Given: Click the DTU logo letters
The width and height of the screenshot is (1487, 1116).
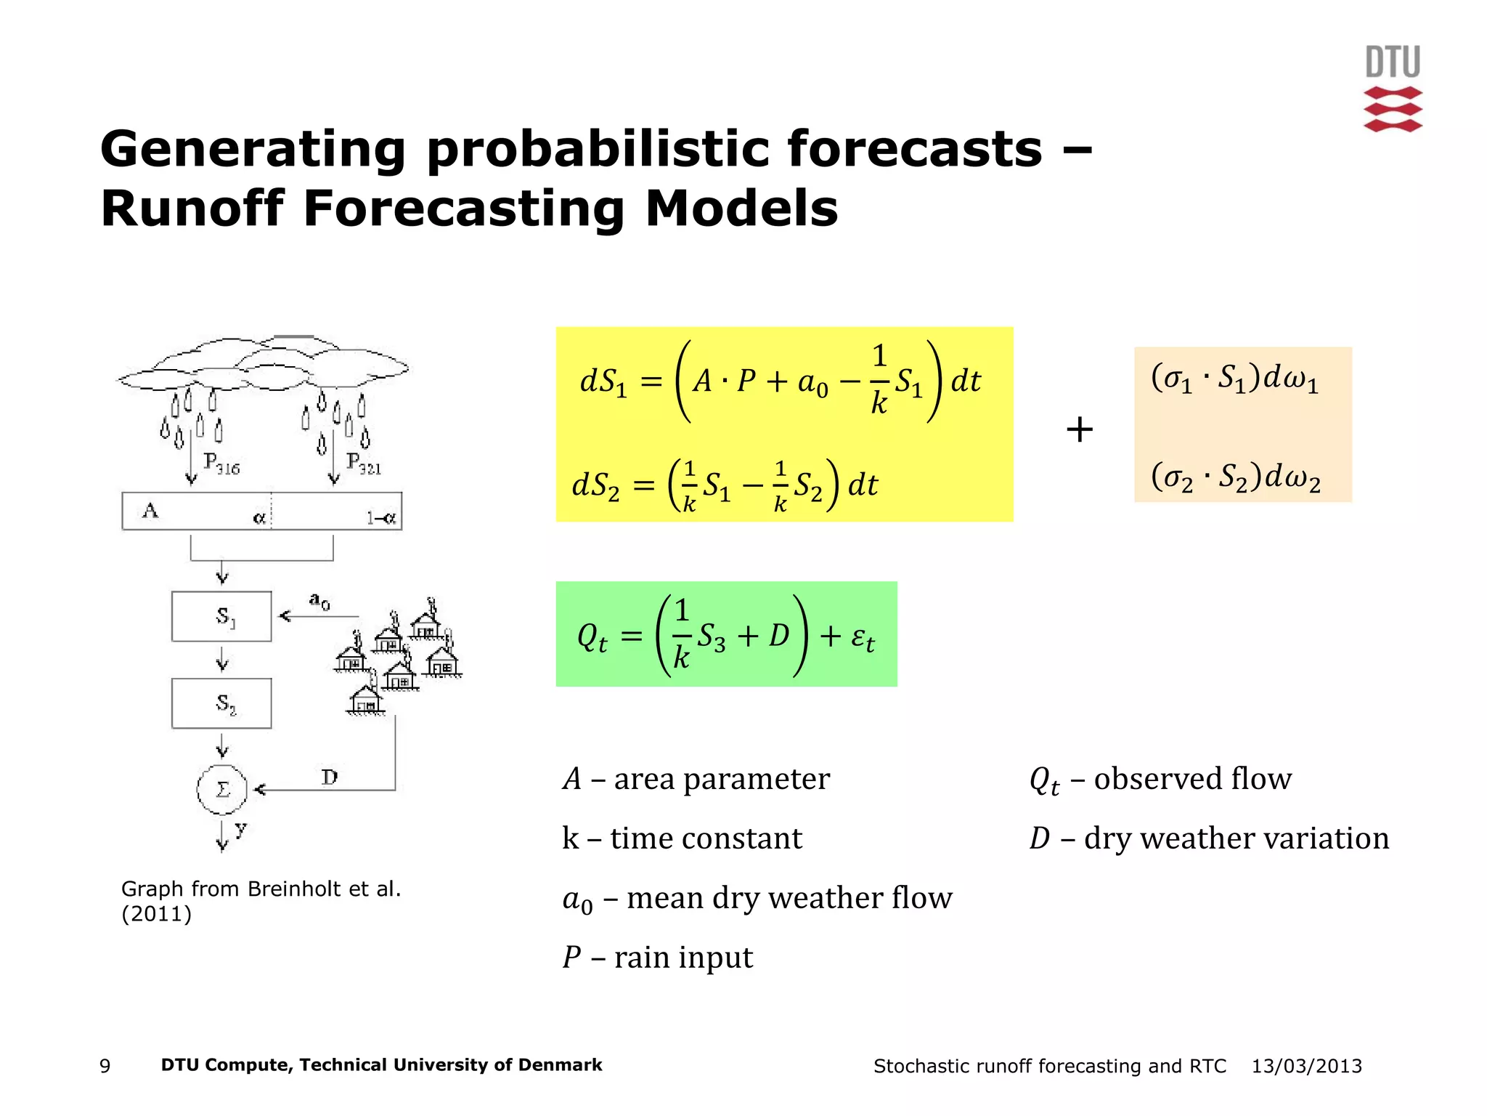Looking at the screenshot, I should (x=1392, y=62).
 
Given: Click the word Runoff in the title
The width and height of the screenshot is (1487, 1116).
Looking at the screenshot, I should (x=191, y=209).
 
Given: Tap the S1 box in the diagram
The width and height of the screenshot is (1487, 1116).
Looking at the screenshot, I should (x=221, y=617).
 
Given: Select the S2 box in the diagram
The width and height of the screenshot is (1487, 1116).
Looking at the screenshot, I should (x=221, y=703).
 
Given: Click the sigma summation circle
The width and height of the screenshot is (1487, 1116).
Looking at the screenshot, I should (x=222, y=790).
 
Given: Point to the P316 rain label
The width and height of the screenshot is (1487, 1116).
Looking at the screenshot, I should (x=221, y=463).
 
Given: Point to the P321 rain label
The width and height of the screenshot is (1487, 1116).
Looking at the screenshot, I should (x=363, y=463).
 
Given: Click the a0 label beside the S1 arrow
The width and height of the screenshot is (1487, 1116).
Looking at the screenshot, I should (x=319, y=601).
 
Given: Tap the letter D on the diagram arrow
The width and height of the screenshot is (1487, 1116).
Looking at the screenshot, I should (x=330, y=777).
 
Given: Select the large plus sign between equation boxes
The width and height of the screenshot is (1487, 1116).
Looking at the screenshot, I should (x=1079, y=429).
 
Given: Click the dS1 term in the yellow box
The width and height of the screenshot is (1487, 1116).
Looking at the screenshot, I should (x=602, y=381).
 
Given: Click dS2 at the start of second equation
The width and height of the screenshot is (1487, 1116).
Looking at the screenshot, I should (x=595, y=485).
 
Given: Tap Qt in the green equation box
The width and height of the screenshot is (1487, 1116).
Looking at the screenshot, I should (x=592, y=638).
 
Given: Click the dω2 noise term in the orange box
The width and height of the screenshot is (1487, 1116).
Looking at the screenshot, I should (x=1292, y=477).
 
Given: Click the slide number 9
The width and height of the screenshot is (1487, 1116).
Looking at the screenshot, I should (x=105, y=1066).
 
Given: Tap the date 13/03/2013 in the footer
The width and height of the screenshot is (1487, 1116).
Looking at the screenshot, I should (x=1306, y=1066).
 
